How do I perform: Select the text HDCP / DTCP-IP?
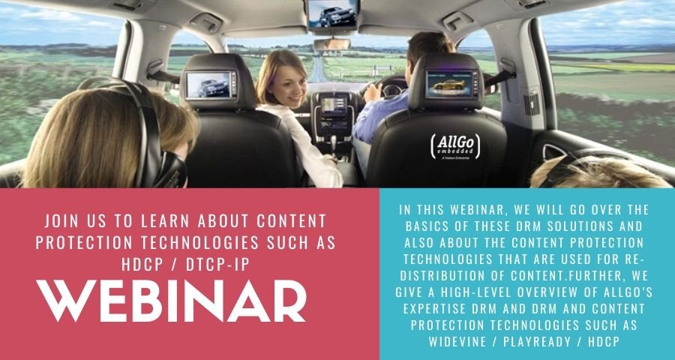tap(173, 263)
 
